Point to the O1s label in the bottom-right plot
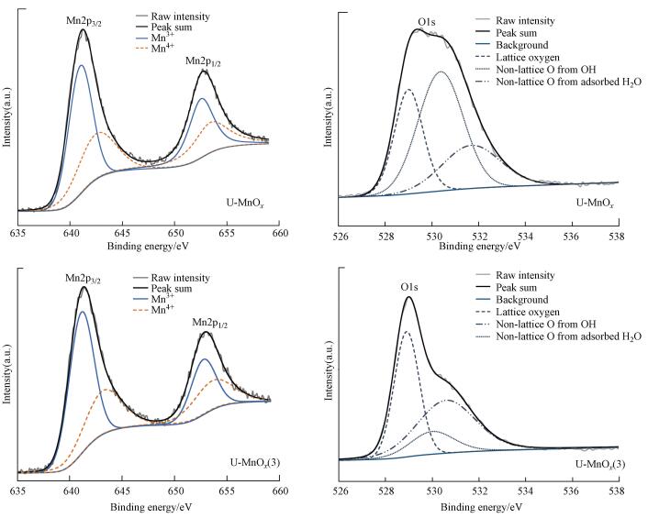point(408,286)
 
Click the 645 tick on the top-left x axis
point(124,234)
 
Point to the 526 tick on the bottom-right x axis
point(341,491)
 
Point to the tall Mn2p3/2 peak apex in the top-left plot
point(83,29)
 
